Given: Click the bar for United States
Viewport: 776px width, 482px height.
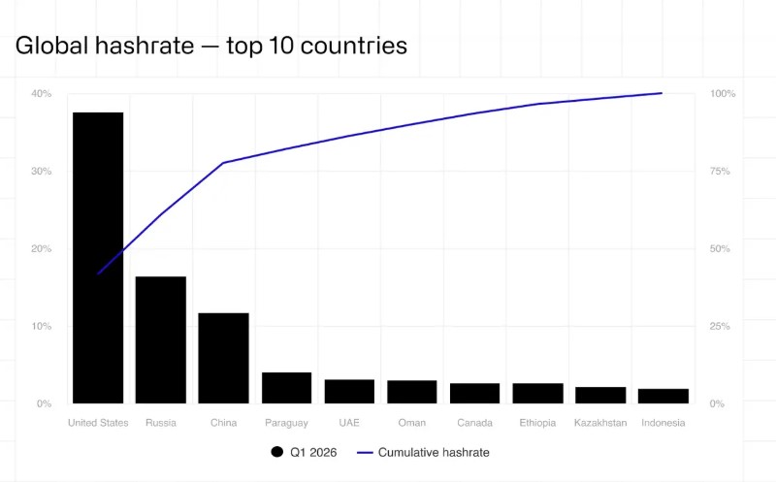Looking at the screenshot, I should pyautogui.click(x=98, y=258).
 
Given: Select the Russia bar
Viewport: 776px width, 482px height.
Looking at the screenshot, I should pyautogui.click(x=161, y=339).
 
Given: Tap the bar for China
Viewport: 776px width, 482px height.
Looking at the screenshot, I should pyautogui.click(x=223, y=358).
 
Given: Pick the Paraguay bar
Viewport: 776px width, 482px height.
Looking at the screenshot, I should pyautogui.click(x=286, y=388).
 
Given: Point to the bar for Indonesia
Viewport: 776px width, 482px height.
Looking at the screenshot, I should pyautogui.click(x=663, y=396).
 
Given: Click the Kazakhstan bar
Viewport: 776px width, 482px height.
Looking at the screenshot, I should pyautogui.click(x=600, y=395).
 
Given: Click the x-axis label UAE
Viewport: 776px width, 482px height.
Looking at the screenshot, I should pyautogui.click(x=349, y=423).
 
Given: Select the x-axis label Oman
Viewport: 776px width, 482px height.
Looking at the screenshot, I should pyautogui.click(x=411, y=423).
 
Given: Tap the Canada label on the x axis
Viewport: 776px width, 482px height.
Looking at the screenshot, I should pyautogui.click(x=474, y=423).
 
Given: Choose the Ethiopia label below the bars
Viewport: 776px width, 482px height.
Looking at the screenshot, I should pyautogui.click(x=537, y=423).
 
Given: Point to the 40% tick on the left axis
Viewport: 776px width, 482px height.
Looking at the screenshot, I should pyautogui.click(x=41, y=94).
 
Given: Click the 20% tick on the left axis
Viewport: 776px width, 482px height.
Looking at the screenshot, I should pyautogui.click(x=41, y=249).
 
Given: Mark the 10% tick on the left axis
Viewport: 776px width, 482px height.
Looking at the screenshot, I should pyautogui.click(x=41, y=327).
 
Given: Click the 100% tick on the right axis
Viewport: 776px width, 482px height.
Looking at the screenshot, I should pyautogui.click(x=724, y=94).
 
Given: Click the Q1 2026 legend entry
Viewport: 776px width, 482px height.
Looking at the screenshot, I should pyautogui.click(x=303, y=452).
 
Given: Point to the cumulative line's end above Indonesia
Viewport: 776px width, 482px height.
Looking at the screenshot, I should pyautogui.click(x=662, y=93).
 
